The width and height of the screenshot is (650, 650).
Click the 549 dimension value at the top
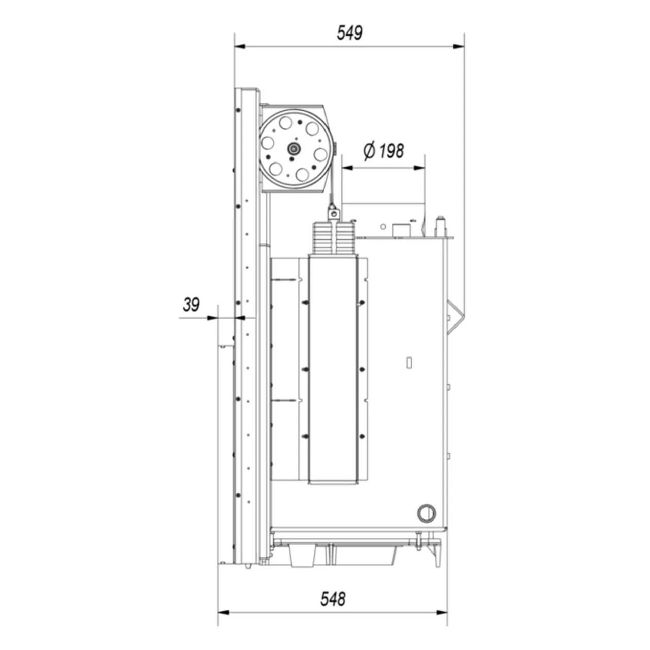point(349,33)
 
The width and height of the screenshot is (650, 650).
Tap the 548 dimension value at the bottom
point(333,599)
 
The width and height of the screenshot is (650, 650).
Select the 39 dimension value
point(191,305)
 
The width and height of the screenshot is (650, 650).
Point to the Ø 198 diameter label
point(383,151)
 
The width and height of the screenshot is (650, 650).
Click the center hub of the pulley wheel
point(293,148)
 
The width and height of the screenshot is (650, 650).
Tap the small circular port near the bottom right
point(427,513)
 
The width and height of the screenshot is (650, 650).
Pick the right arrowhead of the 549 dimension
point(459,46)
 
